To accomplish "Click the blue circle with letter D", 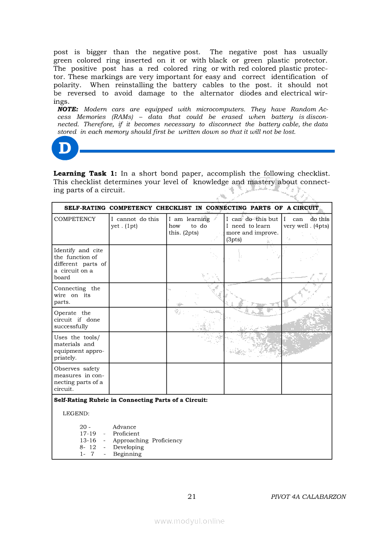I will (65, 148).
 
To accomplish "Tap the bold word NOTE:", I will (68, 109).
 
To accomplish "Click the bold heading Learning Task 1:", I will (85, 174).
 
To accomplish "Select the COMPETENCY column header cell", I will (80, 229).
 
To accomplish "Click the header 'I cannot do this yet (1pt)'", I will (137, 229).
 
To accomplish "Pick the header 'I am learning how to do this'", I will (195, 229).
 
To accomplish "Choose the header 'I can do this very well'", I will (306, 229).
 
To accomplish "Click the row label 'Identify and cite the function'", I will (80, 264).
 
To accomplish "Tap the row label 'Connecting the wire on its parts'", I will (80, 295).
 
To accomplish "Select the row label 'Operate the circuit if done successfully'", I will (80, 320).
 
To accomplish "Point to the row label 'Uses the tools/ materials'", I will (80, 347).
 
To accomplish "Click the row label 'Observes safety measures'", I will (80, 379).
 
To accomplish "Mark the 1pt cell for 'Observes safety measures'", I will (137, 379).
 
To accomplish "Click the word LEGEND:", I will (76, 413).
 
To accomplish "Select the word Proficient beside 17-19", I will (126, 434).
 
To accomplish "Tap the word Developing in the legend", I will (128, 447).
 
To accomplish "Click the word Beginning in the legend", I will (127, 454).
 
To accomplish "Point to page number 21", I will (192, 497).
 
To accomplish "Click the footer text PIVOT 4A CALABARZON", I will (308, 497).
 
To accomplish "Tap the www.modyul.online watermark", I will (189, 521).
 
